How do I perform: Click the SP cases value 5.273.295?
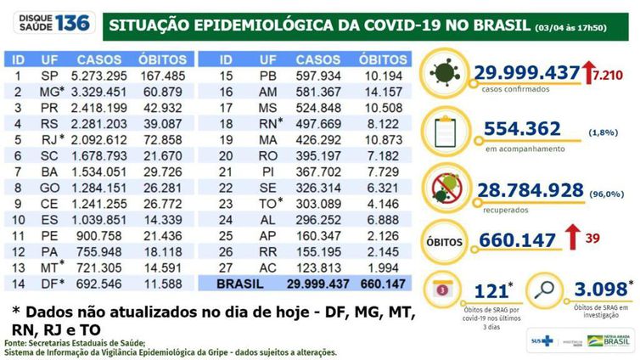[x=99, y=76]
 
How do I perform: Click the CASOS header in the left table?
[x=99, y=60]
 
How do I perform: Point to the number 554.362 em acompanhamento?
[x=520, y=129]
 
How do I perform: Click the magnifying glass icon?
[x=543, y=290]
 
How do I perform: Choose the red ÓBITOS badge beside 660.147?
[x=447, y=239]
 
